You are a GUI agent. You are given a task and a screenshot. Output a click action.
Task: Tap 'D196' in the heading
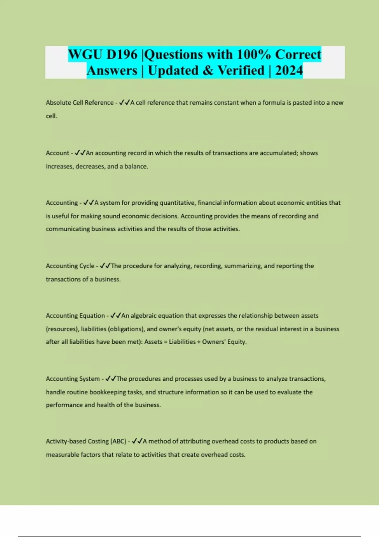(122, 54)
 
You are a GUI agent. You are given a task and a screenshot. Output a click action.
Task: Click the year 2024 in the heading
(289, 70)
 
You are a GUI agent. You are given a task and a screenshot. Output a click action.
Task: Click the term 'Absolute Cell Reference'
(80, 103)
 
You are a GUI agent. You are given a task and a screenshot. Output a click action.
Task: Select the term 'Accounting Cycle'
(70, 266)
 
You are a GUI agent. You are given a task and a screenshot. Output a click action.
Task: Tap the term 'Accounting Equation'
(75, 316)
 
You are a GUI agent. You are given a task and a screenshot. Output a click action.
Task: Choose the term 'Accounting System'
(73, 379)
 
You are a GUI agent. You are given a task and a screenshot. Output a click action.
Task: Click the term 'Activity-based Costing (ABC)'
(86, 441)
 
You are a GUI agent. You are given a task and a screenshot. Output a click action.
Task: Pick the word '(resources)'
(62, 329)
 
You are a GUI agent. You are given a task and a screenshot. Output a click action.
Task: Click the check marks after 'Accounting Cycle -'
(105, 266)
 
